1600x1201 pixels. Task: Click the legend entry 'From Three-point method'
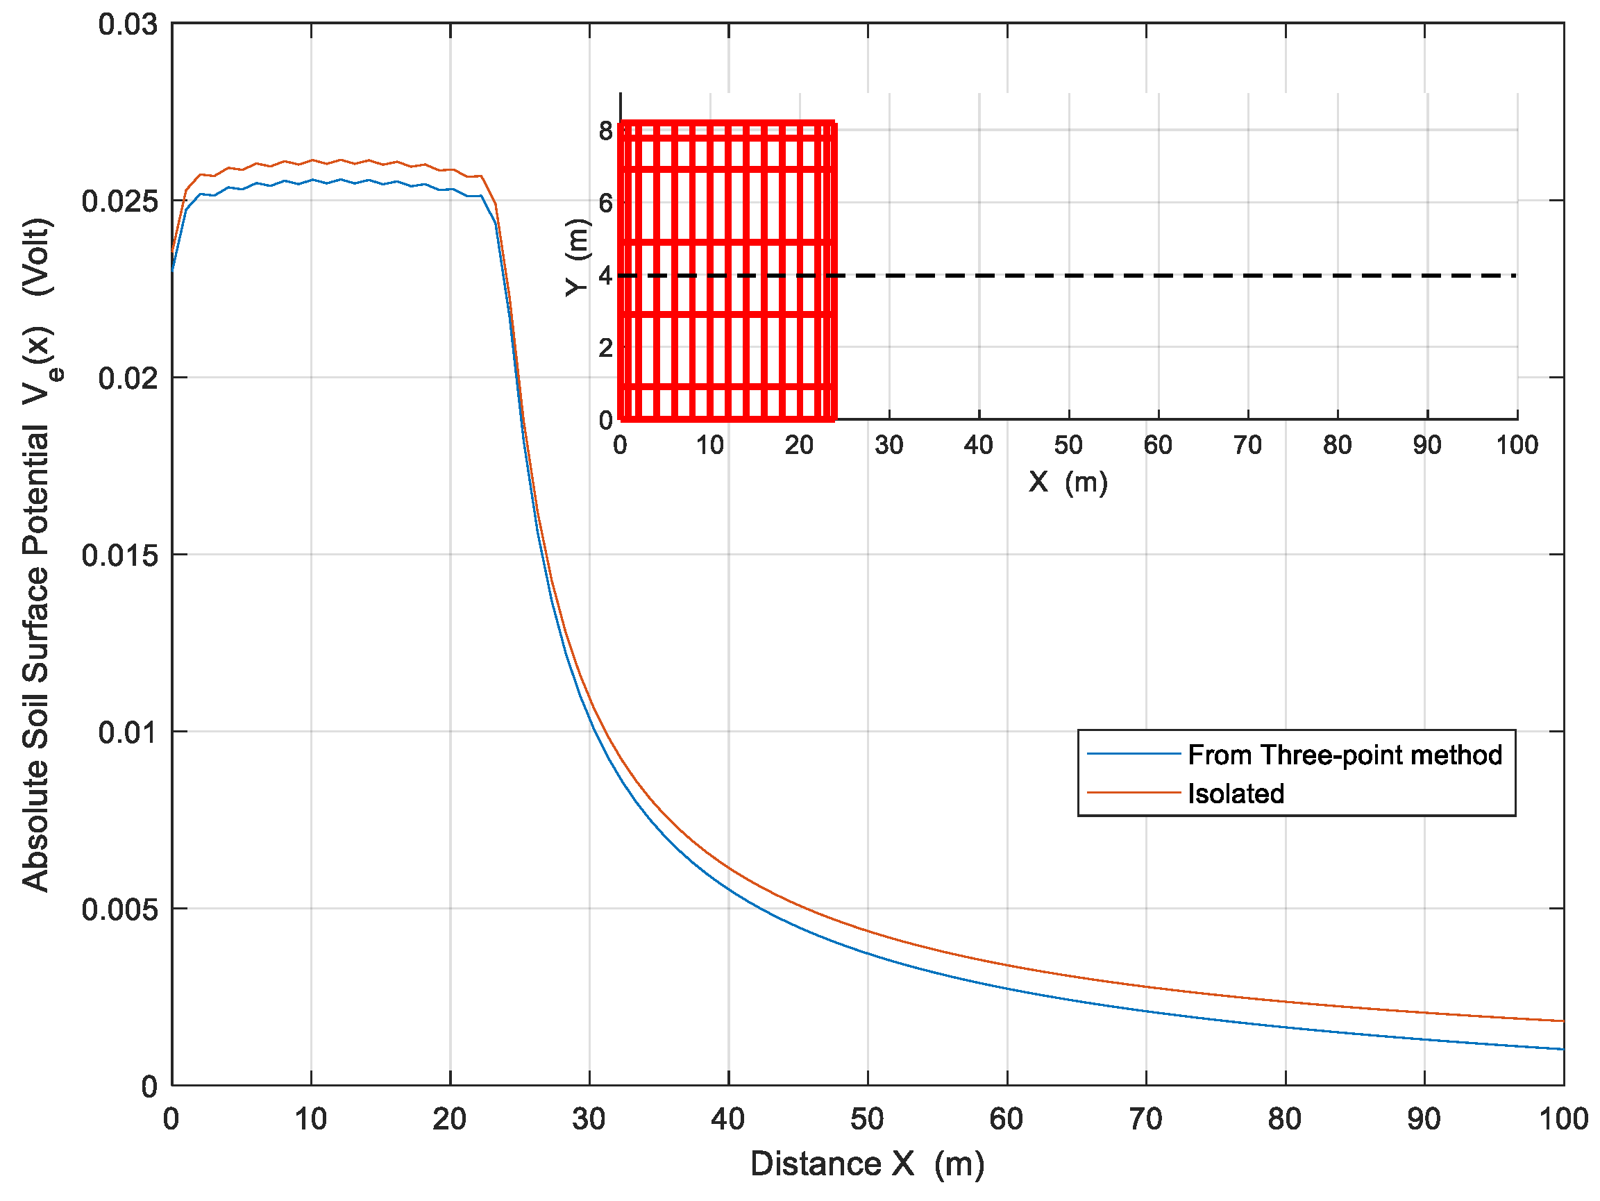[x=1344, y=755]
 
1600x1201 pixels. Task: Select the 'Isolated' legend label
[x=1236, y=793]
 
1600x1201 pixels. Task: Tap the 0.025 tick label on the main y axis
[x=119, y=201]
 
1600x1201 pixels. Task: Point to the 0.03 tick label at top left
[x=127, y=24]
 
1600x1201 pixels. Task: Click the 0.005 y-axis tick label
[x=119, y=909]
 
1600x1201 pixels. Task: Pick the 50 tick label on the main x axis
[x=866, y=1119]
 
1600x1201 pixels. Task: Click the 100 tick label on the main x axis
[x=1563, y=1119]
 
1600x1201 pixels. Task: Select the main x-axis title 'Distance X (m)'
[x=866, y=1164]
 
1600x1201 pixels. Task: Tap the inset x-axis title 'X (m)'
[x=1068, y=481]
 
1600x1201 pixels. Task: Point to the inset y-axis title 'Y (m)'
[x=578, y=258]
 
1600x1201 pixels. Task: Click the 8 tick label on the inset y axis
[x=605, y=131]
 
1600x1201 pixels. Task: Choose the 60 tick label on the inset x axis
[x=1157, y=445]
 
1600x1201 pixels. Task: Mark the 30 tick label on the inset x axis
[x=889, y=445]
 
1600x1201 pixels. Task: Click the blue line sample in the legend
[x=1134, y=754]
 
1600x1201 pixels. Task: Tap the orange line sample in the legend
[x=1134, y=793]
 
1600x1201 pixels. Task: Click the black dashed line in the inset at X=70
[x=1248, y=276]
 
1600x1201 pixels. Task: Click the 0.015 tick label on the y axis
[x=119, y=555]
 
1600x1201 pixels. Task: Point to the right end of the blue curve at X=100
[x=1562, y=1048]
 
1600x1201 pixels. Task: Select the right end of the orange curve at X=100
[x=1562, y=1020]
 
